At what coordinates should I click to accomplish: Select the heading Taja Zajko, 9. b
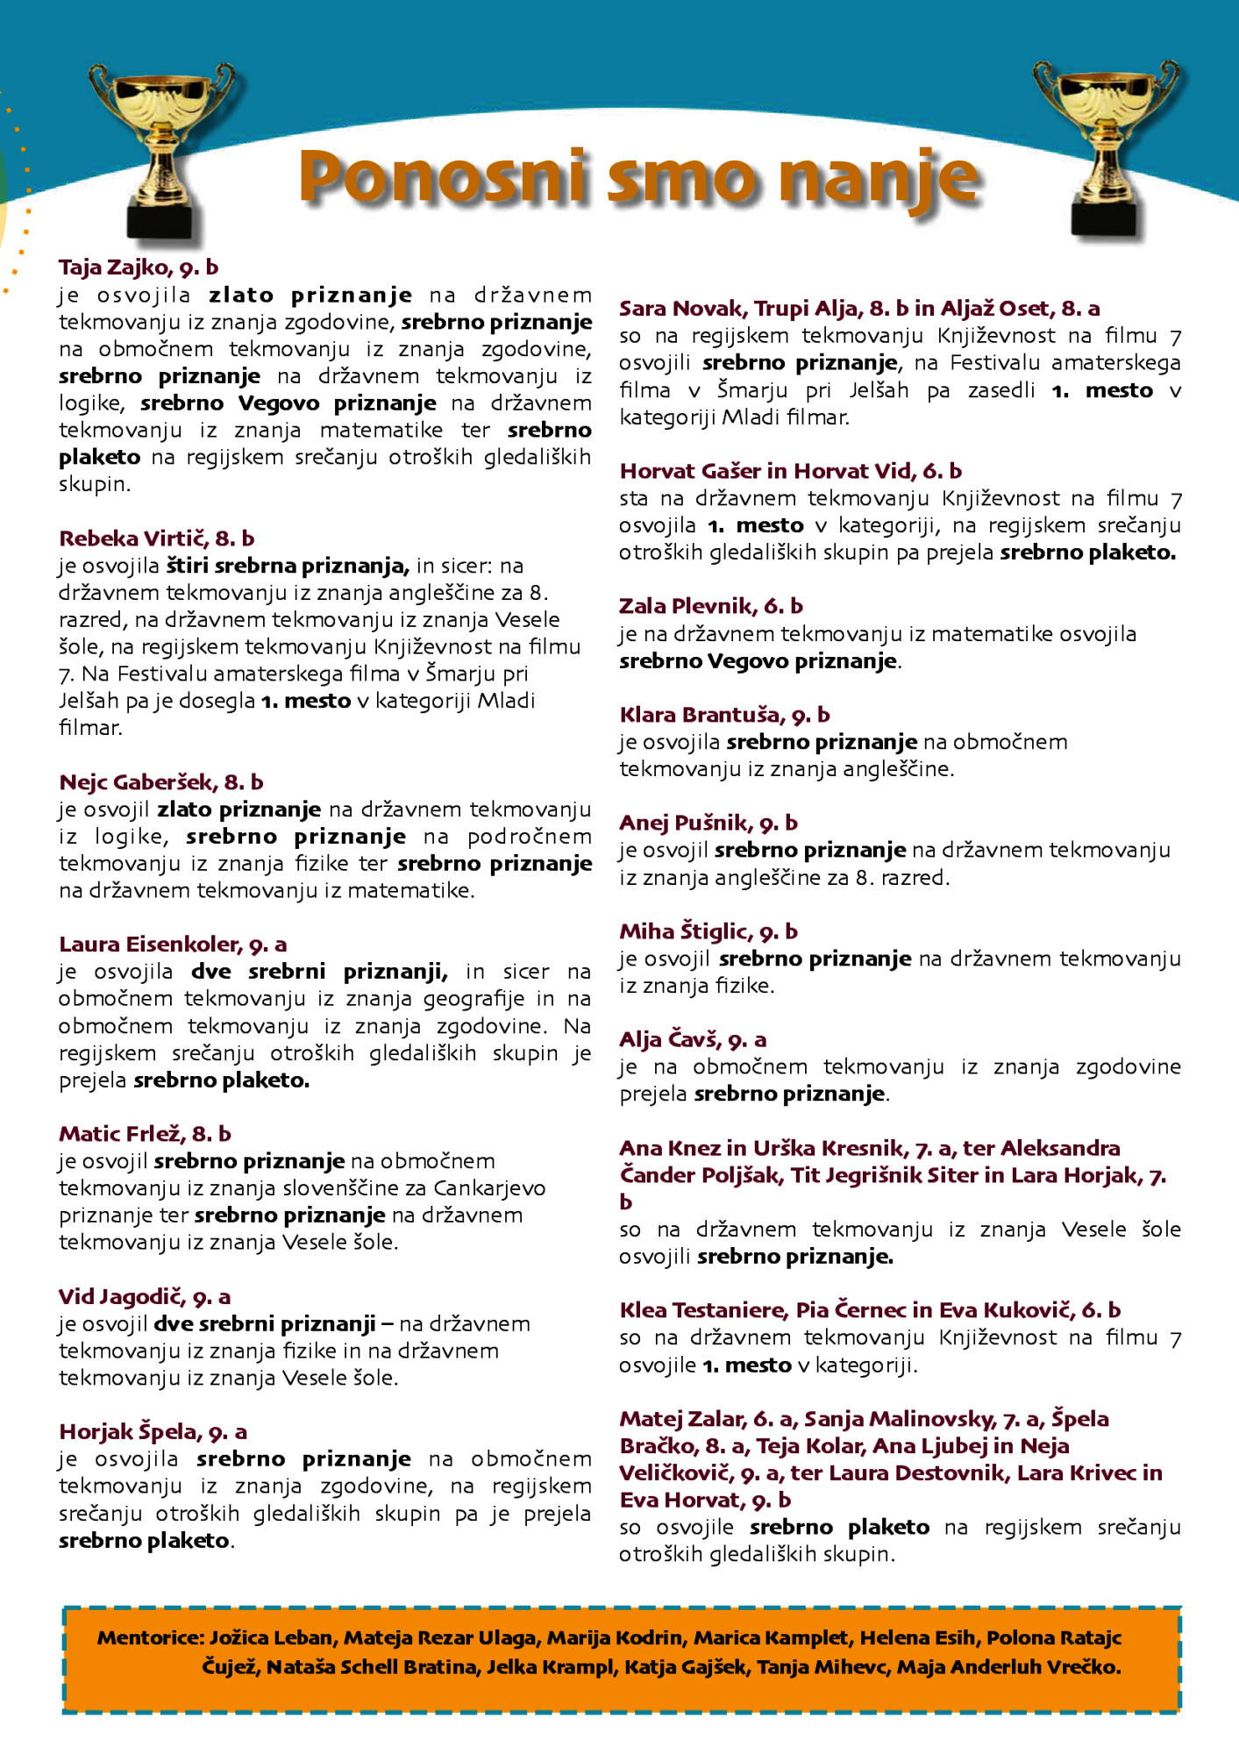[x=139, y=267]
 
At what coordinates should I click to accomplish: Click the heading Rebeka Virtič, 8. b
[x=156, y=538]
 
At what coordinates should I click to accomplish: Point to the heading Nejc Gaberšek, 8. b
[x=161, y=782]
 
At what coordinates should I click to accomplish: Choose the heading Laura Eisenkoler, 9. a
[x=173, y=945]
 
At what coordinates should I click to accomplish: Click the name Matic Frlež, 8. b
[x=145, y=1134]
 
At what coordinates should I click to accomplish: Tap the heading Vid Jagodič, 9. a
[x=145, y=1297]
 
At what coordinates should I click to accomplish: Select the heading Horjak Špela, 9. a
[x=153, y=1432]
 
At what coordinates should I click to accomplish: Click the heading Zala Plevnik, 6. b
[x=710, y=606]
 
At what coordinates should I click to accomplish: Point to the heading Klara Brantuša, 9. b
[x=724, y=715]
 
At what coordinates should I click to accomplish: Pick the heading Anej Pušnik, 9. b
[x=709, y=824]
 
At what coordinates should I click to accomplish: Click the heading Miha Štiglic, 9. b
[x=709, y=931]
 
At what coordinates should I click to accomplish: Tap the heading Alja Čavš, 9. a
[x=693, y=1040]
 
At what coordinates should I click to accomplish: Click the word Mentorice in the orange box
[x=150, y=1638]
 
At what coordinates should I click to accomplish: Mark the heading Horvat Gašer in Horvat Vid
[x=790, y=471]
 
